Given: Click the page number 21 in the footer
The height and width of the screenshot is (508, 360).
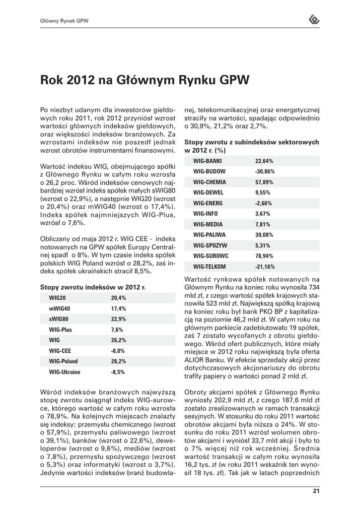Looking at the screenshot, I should pyautogui.click(x=315, y=492).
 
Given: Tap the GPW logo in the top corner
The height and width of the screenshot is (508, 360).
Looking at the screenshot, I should pyautogui.click(x=314, y=20).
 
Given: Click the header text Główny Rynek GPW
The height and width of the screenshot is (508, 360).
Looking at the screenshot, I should pyautogui.click(x=64, y=21).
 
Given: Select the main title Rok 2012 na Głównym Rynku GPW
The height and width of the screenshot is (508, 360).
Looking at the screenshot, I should pyautogui.click(x=144, y=79).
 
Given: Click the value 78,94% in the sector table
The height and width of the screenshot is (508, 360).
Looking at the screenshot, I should pyautogui.click(x=265, y=256).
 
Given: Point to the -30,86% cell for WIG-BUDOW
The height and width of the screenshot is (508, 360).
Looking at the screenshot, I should pyautogui.click(x=265, y=172).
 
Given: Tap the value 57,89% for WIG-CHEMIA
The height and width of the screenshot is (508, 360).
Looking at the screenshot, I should pyautogui.click(x=265, y=182).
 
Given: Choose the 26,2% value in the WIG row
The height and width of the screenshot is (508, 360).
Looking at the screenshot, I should pyautogui.click(x=118, y=340).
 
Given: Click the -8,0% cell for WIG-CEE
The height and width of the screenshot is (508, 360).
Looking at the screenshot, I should pyautogui.click(x=118, y=350).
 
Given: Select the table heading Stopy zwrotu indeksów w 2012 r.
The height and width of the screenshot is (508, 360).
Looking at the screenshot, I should pyautogui.click(x=92, y=287).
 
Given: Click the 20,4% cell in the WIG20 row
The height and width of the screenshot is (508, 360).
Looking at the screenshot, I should pyautogui.click(x=118, y=298).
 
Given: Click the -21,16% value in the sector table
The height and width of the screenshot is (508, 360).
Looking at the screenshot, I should pyautogui.click(x=265, y=266).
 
